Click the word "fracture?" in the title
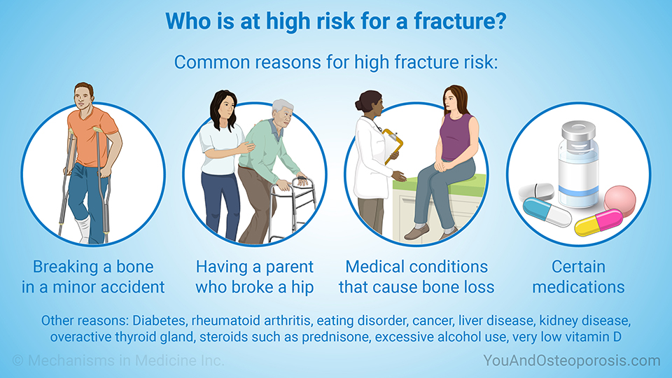point(460,21)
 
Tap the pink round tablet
point(619,201)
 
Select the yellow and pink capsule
point(598,222)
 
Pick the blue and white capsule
point(547,211)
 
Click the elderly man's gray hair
point(282,107)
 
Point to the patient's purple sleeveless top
point(456,137)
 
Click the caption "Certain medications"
point(578,277)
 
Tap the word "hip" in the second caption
point(302,288)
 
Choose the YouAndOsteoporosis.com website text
point(572,361)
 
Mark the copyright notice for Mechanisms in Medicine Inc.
point(118,360)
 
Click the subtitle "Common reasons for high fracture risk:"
point(336,62)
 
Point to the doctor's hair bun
point(359,104)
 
